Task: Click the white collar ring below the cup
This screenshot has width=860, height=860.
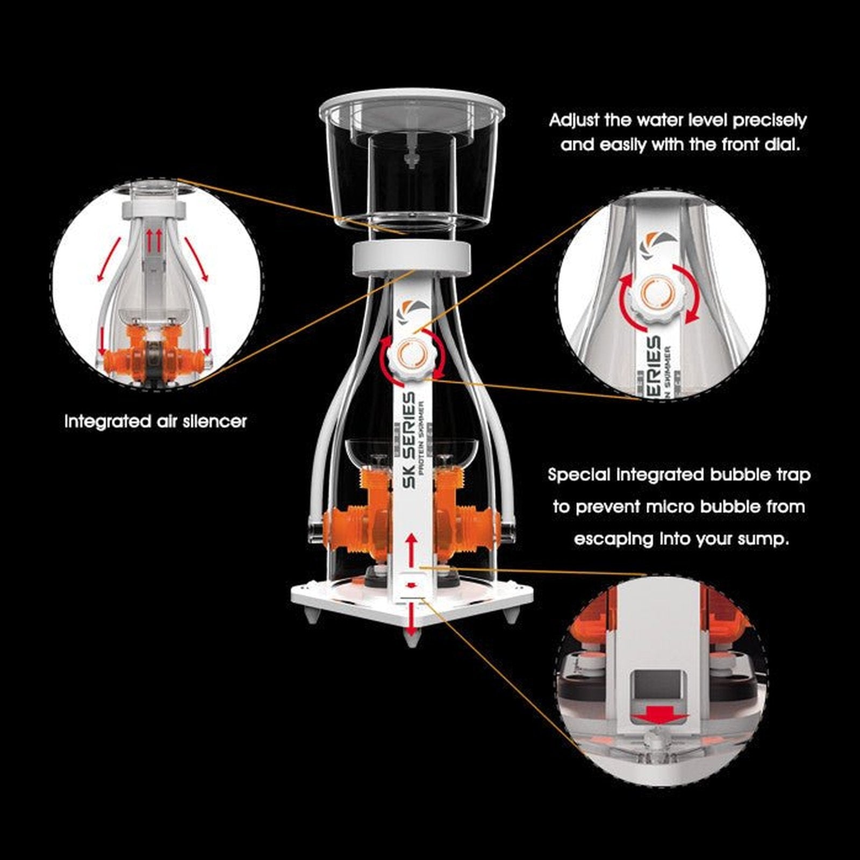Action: [x=412, y=258]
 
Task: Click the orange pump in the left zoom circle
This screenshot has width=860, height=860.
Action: [x=156, y=349]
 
